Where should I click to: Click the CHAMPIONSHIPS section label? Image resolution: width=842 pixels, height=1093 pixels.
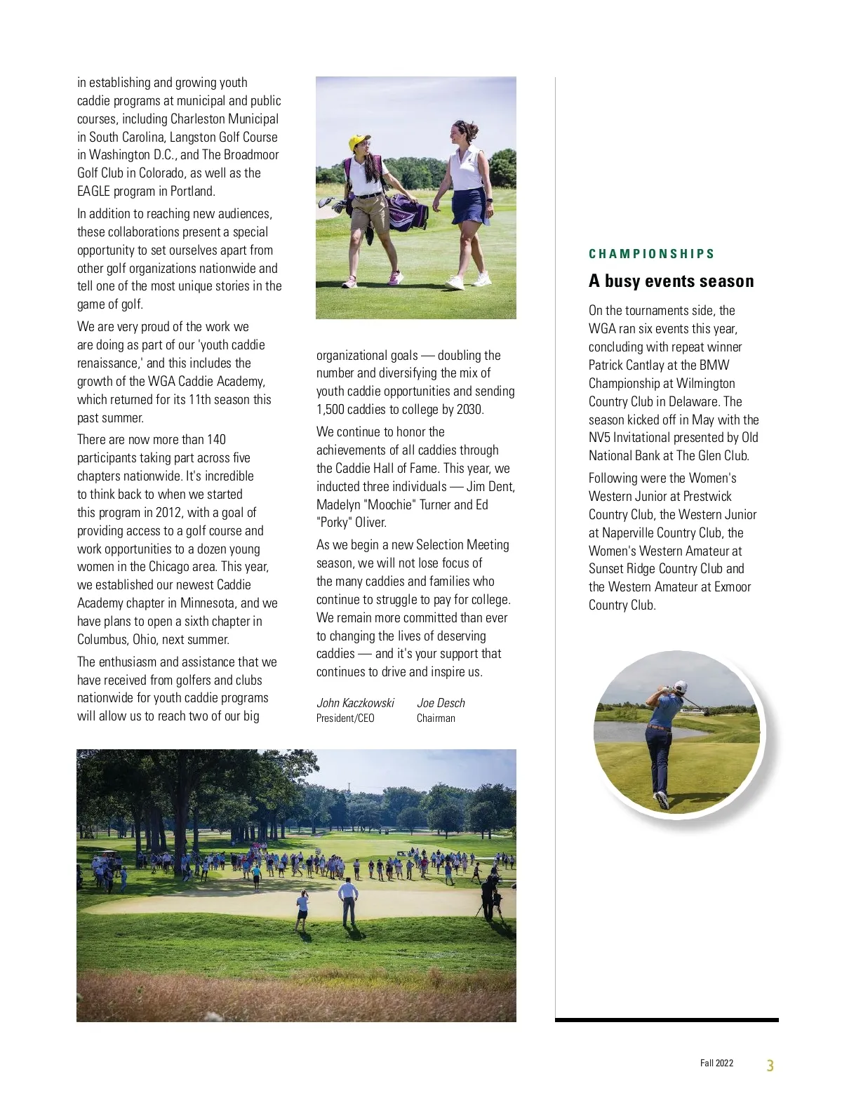coord(651,254)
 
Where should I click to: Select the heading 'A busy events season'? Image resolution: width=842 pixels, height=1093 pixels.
coord(671,281)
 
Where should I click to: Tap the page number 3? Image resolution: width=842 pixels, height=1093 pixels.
coord(770,1066)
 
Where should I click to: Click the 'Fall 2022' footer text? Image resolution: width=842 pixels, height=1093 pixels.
coord(716,1063)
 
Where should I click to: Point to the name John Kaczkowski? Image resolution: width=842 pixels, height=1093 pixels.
coord(355,703)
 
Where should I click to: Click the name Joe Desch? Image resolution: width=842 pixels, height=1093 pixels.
coord(441,703)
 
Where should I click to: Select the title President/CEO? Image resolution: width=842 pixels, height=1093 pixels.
coord(345,718)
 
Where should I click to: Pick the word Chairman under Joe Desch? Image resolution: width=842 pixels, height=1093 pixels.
coord(436,718)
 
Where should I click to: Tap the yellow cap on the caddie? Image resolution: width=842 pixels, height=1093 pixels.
coord(359,141)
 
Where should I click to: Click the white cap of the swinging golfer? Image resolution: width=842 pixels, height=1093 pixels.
coord(680,686)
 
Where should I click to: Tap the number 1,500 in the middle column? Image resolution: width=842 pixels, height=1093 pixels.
coord(333,410)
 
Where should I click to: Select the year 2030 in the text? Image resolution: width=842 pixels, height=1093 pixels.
coord(469,410)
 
